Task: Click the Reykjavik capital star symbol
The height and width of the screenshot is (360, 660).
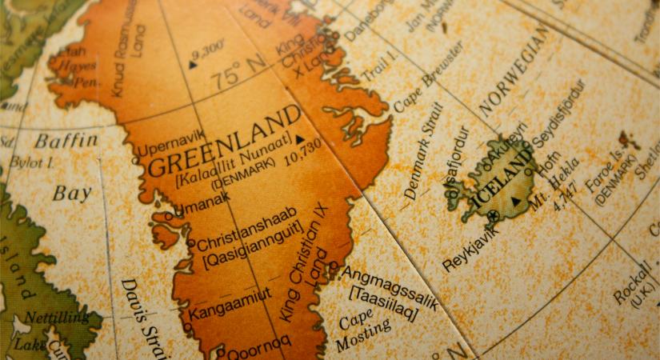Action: coord(493,215)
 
